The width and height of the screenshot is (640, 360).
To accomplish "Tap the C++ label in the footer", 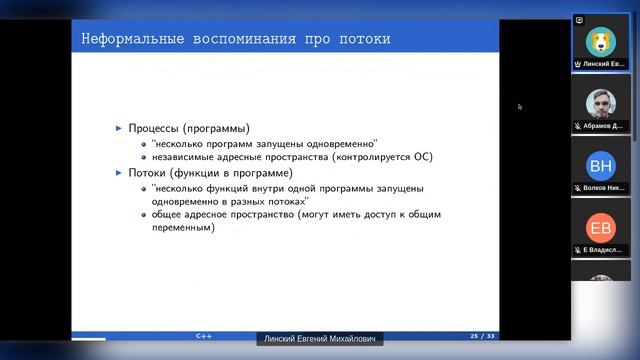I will (x=204, y=337).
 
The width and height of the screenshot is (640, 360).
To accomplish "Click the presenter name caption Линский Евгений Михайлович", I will (x=320, y=340).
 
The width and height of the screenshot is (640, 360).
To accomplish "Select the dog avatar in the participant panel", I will (x=602, y=40).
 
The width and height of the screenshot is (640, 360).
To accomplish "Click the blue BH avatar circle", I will (x=602, y=166).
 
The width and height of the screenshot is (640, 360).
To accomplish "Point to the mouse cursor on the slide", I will (x=519, y=106).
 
